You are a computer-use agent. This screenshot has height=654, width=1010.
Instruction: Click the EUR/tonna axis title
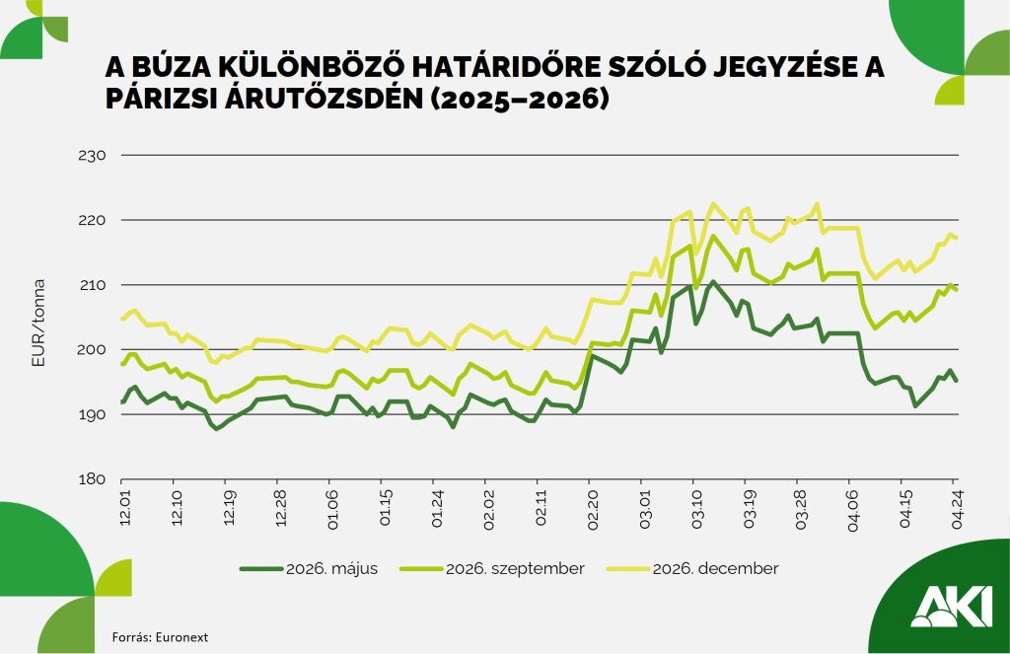click(39, 318)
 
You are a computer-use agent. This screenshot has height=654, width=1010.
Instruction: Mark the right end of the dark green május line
click(957, 381)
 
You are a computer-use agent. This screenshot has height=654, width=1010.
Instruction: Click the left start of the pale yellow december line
click(121, 319)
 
